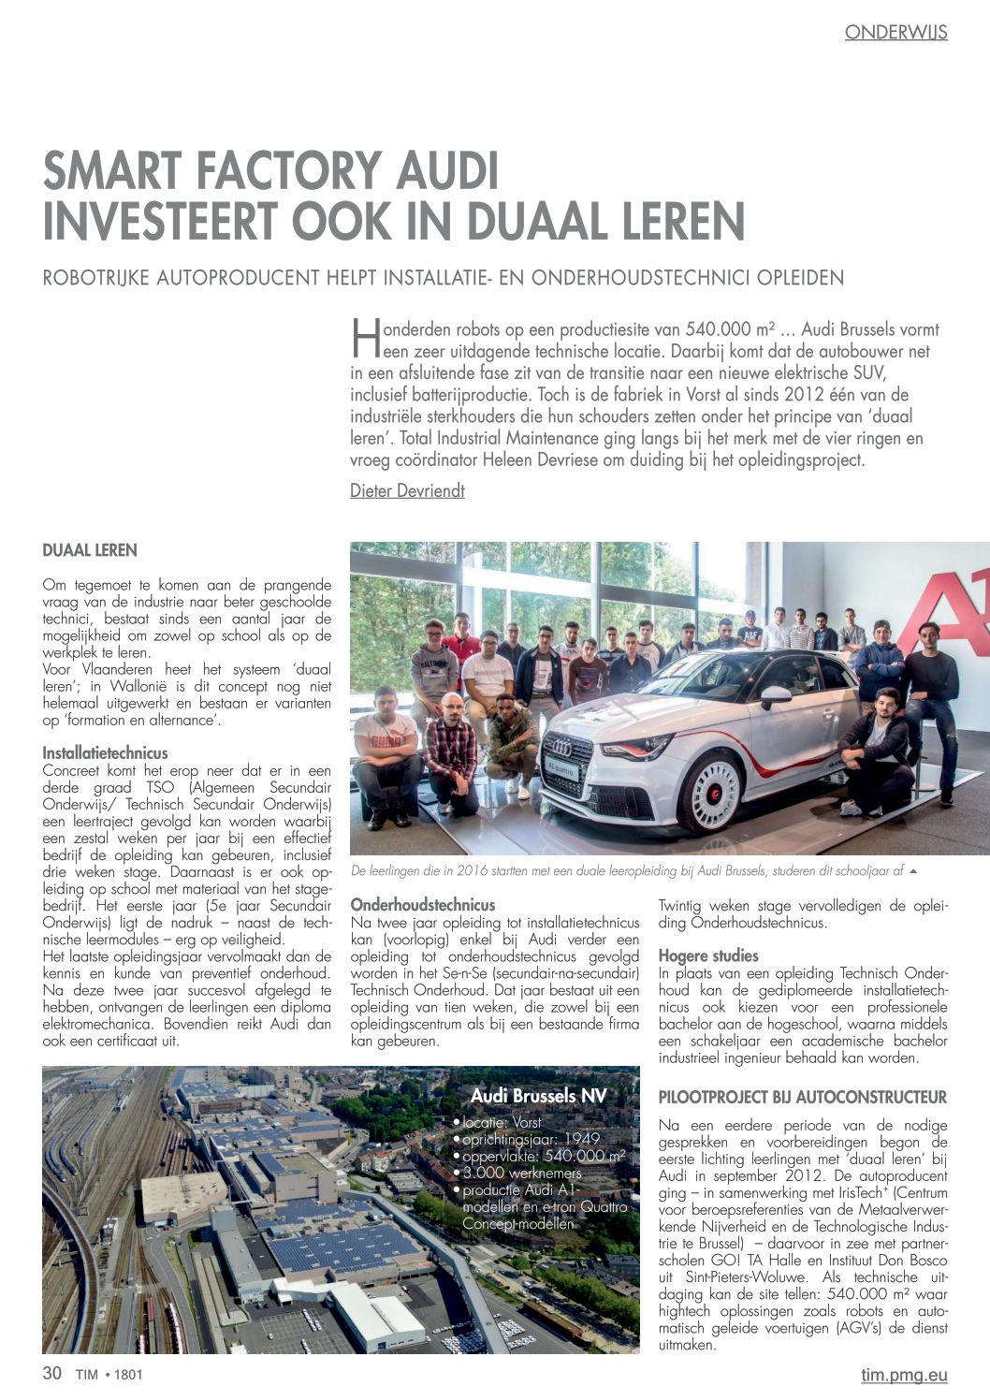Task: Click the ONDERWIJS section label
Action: click(x=895, y=33)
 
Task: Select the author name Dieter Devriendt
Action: click(x=407, y=491)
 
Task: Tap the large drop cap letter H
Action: click(x=362, y=338)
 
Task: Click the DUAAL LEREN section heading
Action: click(x=90, y=551)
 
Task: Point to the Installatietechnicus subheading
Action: click(x=106, y=753)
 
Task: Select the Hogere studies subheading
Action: click(x=708, y=956)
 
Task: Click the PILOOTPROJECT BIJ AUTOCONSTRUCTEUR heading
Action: click(x=803, y=1098)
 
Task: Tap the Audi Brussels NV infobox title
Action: click(x=538, y=1096)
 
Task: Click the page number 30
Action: click(x=52, y=1374)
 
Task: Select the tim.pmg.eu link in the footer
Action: click(x=904, y=1375)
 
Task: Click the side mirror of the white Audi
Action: click(x=774, y=695)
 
